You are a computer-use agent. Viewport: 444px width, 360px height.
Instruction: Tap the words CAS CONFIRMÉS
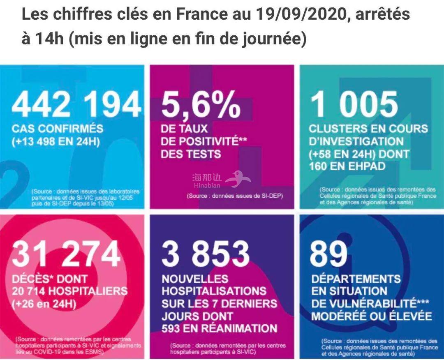tap(57, 129)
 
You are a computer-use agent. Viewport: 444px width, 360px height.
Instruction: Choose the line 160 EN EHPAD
tap(347, 166)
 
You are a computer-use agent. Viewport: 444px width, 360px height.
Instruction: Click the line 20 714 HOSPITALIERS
tap(69, 291)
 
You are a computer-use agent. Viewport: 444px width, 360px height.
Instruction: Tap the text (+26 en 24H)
tap(46, 305)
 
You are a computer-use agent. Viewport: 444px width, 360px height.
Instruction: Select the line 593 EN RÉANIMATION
tap(219, 328)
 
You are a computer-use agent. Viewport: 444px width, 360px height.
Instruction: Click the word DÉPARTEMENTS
tap(356, 279)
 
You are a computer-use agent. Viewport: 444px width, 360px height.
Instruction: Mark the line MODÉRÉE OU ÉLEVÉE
tap(371, 316)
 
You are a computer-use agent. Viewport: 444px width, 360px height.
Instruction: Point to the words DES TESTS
tap(191, 154)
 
